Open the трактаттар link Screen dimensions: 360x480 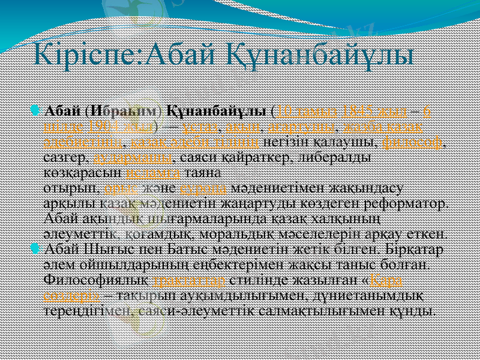[x=190, y=281]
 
